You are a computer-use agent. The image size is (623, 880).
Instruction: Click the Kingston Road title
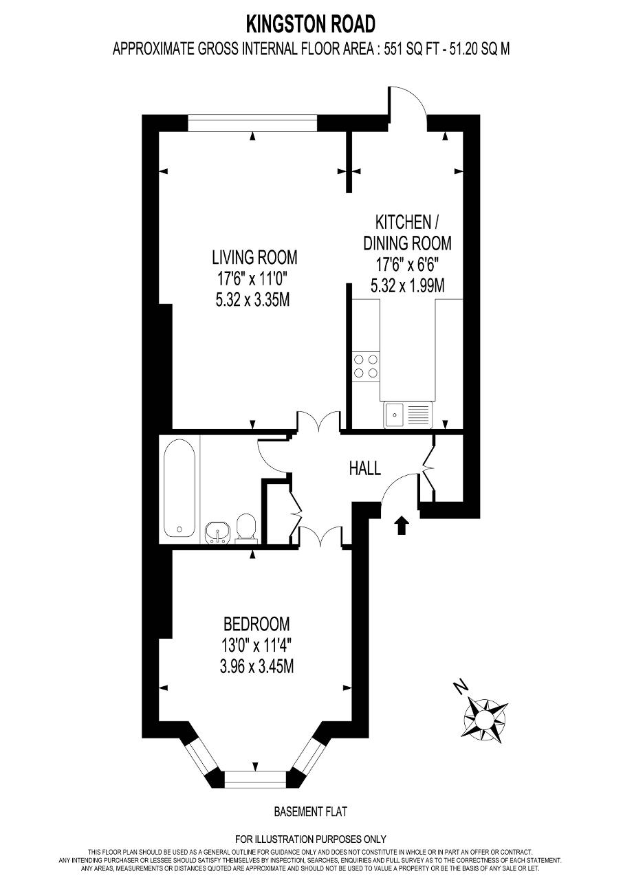point(311,25)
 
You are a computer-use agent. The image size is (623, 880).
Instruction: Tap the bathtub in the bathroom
point(179,488)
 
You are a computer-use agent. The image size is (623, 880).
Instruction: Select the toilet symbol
point(246,528)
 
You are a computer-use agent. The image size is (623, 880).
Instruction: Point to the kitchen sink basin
point(394,415)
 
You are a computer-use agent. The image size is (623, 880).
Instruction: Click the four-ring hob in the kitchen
point(366,366)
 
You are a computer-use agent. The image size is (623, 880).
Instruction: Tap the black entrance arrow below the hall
point(401,525)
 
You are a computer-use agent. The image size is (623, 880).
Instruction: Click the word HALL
point(365,468)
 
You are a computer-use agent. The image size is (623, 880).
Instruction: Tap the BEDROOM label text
point(256,624)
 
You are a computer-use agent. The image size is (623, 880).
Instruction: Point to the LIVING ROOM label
point(254,257)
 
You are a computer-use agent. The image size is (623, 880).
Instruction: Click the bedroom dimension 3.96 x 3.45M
point(256,666)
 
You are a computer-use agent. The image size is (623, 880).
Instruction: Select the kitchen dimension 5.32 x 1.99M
point(407,285)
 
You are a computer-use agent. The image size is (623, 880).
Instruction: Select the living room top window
point(252,122)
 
